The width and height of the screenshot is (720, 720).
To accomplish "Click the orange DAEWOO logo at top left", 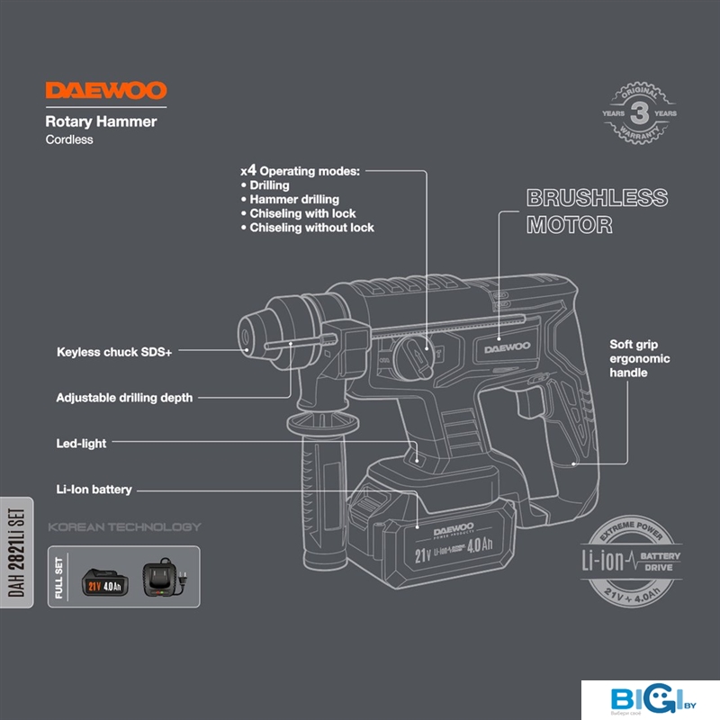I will coord(105,92).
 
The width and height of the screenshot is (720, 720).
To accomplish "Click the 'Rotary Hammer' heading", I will coord(101,121).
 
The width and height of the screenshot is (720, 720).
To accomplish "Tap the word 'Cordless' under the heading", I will coord(69,139).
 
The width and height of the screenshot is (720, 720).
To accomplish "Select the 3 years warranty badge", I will coord(639,114).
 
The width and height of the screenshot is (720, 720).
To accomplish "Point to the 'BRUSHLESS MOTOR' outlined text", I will coord(596,211).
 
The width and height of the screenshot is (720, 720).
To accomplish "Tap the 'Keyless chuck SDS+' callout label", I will coord(113,353).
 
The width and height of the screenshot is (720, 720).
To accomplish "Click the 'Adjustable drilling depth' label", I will coord(124,397).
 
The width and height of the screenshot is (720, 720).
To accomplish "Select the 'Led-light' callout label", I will coord(81,443).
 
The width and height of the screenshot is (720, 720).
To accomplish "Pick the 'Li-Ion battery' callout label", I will coord(94,490).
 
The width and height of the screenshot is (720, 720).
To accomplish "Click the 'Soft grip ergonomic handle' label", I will coord(639,358).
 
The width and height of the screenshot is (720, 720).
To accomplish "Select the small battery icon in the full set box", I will coord(106,582).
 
